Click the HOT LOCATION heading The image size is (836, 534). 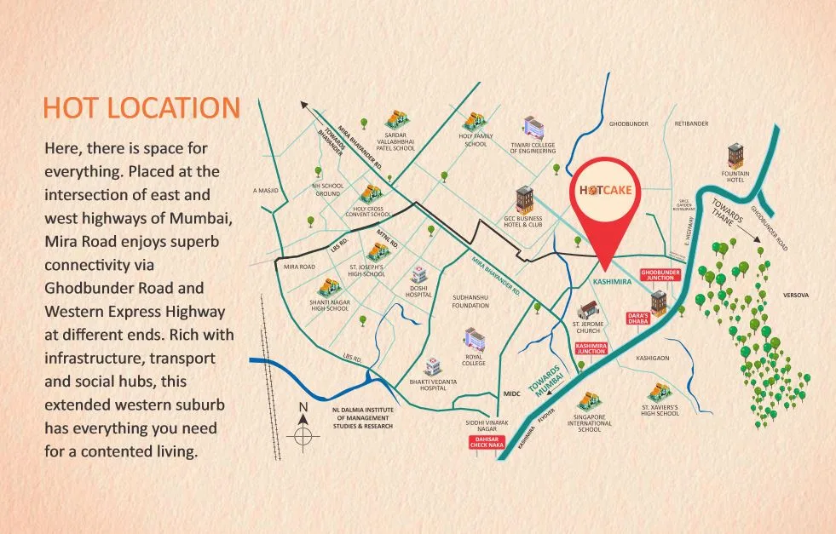(141, 109)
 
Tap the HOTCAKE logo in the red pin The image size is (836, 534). (605, 189)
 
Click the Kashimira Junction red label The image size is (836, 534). (591, 347)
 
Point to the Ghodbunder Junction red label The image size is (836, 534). (662, 274)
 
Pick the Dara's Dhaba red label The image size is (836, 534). (637, 318)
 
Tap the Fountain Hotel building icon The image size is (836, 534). (735, 156)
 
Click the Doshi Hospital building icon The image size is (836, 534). (419, 274)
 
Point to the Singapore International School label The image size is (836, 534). (590, 423)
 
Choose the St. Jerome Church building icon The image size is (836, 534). (587, 310)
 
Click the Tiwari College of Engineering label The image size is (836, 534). (533, 148)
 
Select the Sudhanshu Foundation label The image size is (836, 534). (470, 301)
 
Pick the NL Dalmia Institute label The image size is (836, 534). (363, 417)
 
